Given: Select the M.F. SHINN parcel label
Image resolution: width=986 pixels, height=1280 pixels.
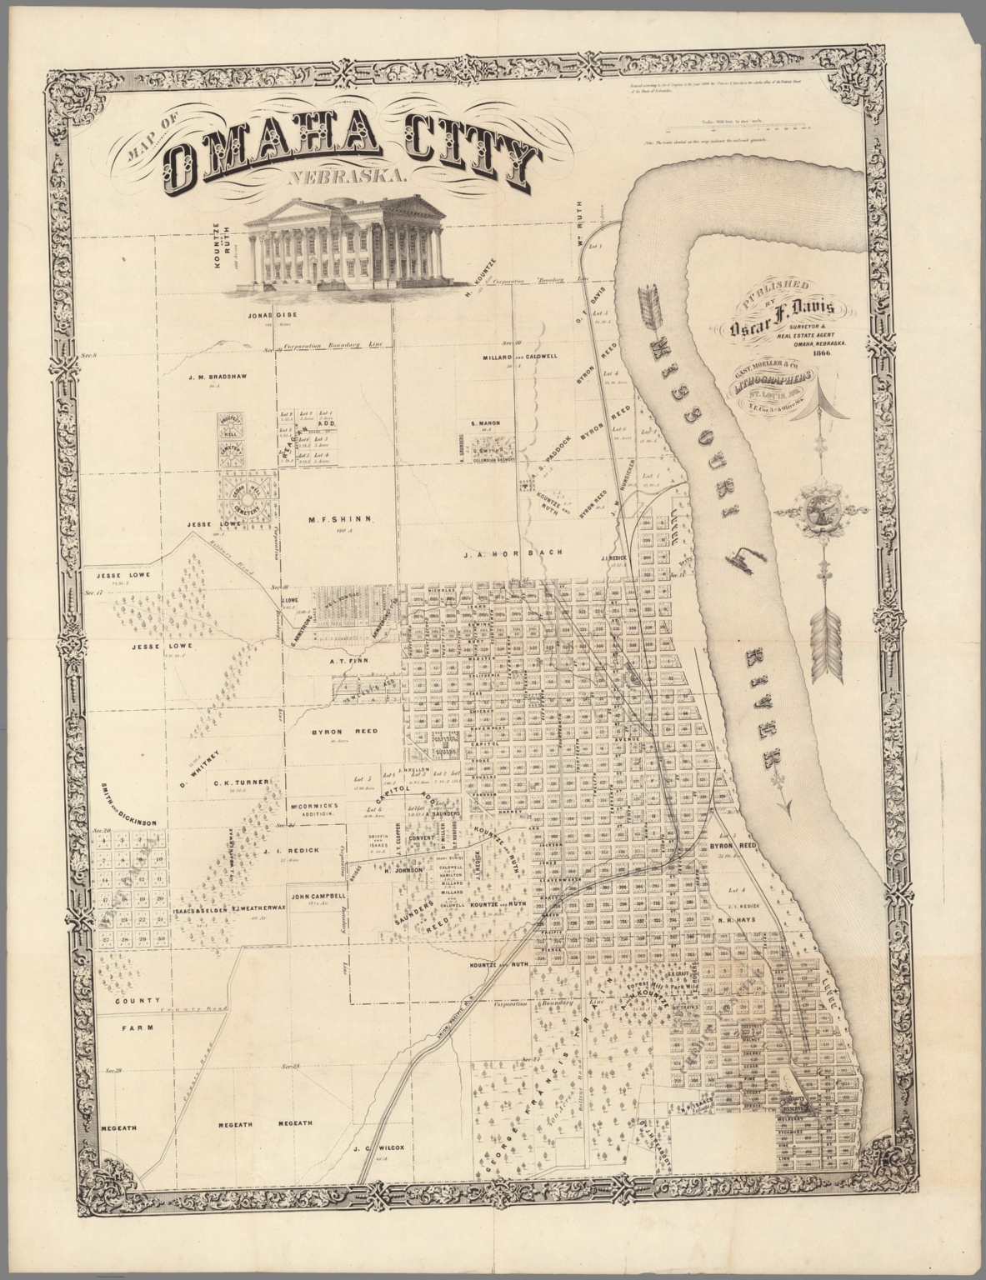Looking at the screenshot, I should click(x=339, y=519).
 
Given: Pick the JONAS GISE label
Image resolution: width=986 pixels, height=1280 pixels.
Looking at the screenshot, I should click(x=273, y=316).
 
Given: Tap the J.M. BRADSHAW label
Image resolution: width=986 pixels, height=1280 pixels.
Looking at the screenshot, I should click(x=215, y=377).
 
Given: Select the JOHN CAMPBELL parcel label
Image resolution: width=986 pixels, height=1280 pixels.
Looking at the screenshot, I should click(x=318, y=897).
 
